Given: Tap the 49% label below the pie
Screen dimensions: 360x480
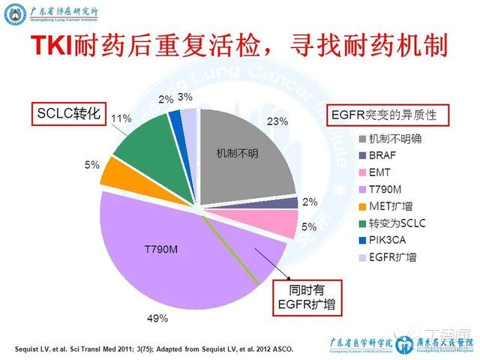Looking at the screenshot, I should (157, 318).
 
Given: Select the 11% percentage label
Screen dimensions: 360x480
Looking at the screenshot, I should (121, 118).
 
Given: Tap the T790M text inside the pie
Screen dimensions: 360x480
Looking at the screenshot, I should (160, 247).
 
